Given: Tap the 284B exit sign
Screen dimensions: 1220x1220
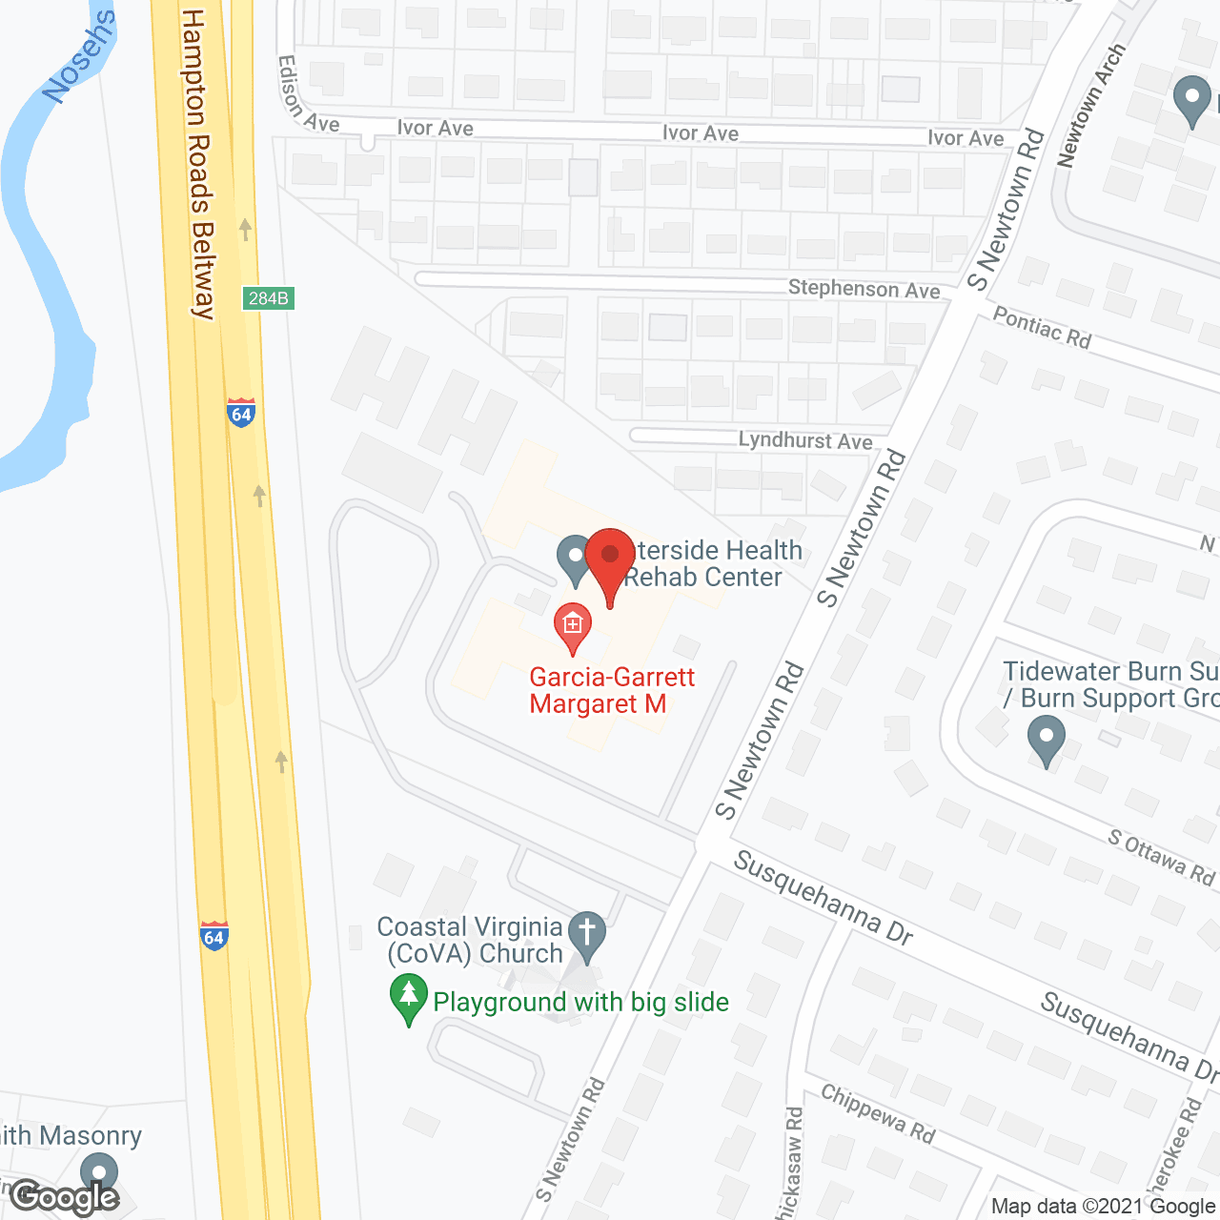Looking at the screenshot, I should click(x=268, y=298).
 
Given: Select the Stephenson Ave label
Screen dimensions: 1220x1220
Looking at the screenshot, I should click(x=864, y=289).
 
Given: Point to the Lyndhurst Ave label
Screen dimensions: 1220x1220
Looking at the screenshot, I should click(x=805, y=440).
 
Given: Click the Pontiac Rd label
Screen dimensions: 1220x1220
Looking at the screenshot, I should click(x=1042, y=327).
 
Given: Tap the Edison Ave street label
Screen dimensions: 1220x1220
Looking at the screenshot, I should click(x=307, y=96).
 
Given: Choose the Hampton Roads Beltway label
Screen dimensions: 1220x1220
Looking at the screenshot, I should click(x=199, y=162).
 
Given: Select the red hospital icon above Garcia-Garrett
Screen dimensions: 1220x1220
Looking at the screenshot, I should click(x=573, y=627).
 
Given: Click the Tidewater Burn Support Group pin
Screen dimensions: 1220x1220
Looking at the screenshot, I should click(x=1047, y=741).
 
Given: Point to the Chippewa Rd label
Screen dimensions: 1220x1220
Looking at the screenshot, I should click(x=878, y=1113).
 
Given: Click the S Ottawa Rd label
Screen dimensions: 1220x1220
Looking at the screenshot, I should click(x=1161, y=856).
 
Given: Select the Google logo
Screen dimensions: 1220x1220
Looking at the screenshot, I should click(x=65, y=1197).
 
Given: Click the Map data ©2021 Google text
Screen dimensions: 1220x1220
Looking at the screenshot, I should click(x=1103, y=1207).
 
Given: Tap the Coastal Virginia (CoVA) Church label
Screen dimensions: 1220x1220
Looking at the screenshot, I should click(x=471, y=940).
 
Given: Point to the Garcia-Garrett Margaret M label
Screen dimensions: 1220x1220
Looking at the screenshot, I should click(x=612, y=690).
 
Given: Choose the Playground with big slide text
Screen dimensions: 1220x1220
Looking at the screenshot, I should click(x=580, y=1002).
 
